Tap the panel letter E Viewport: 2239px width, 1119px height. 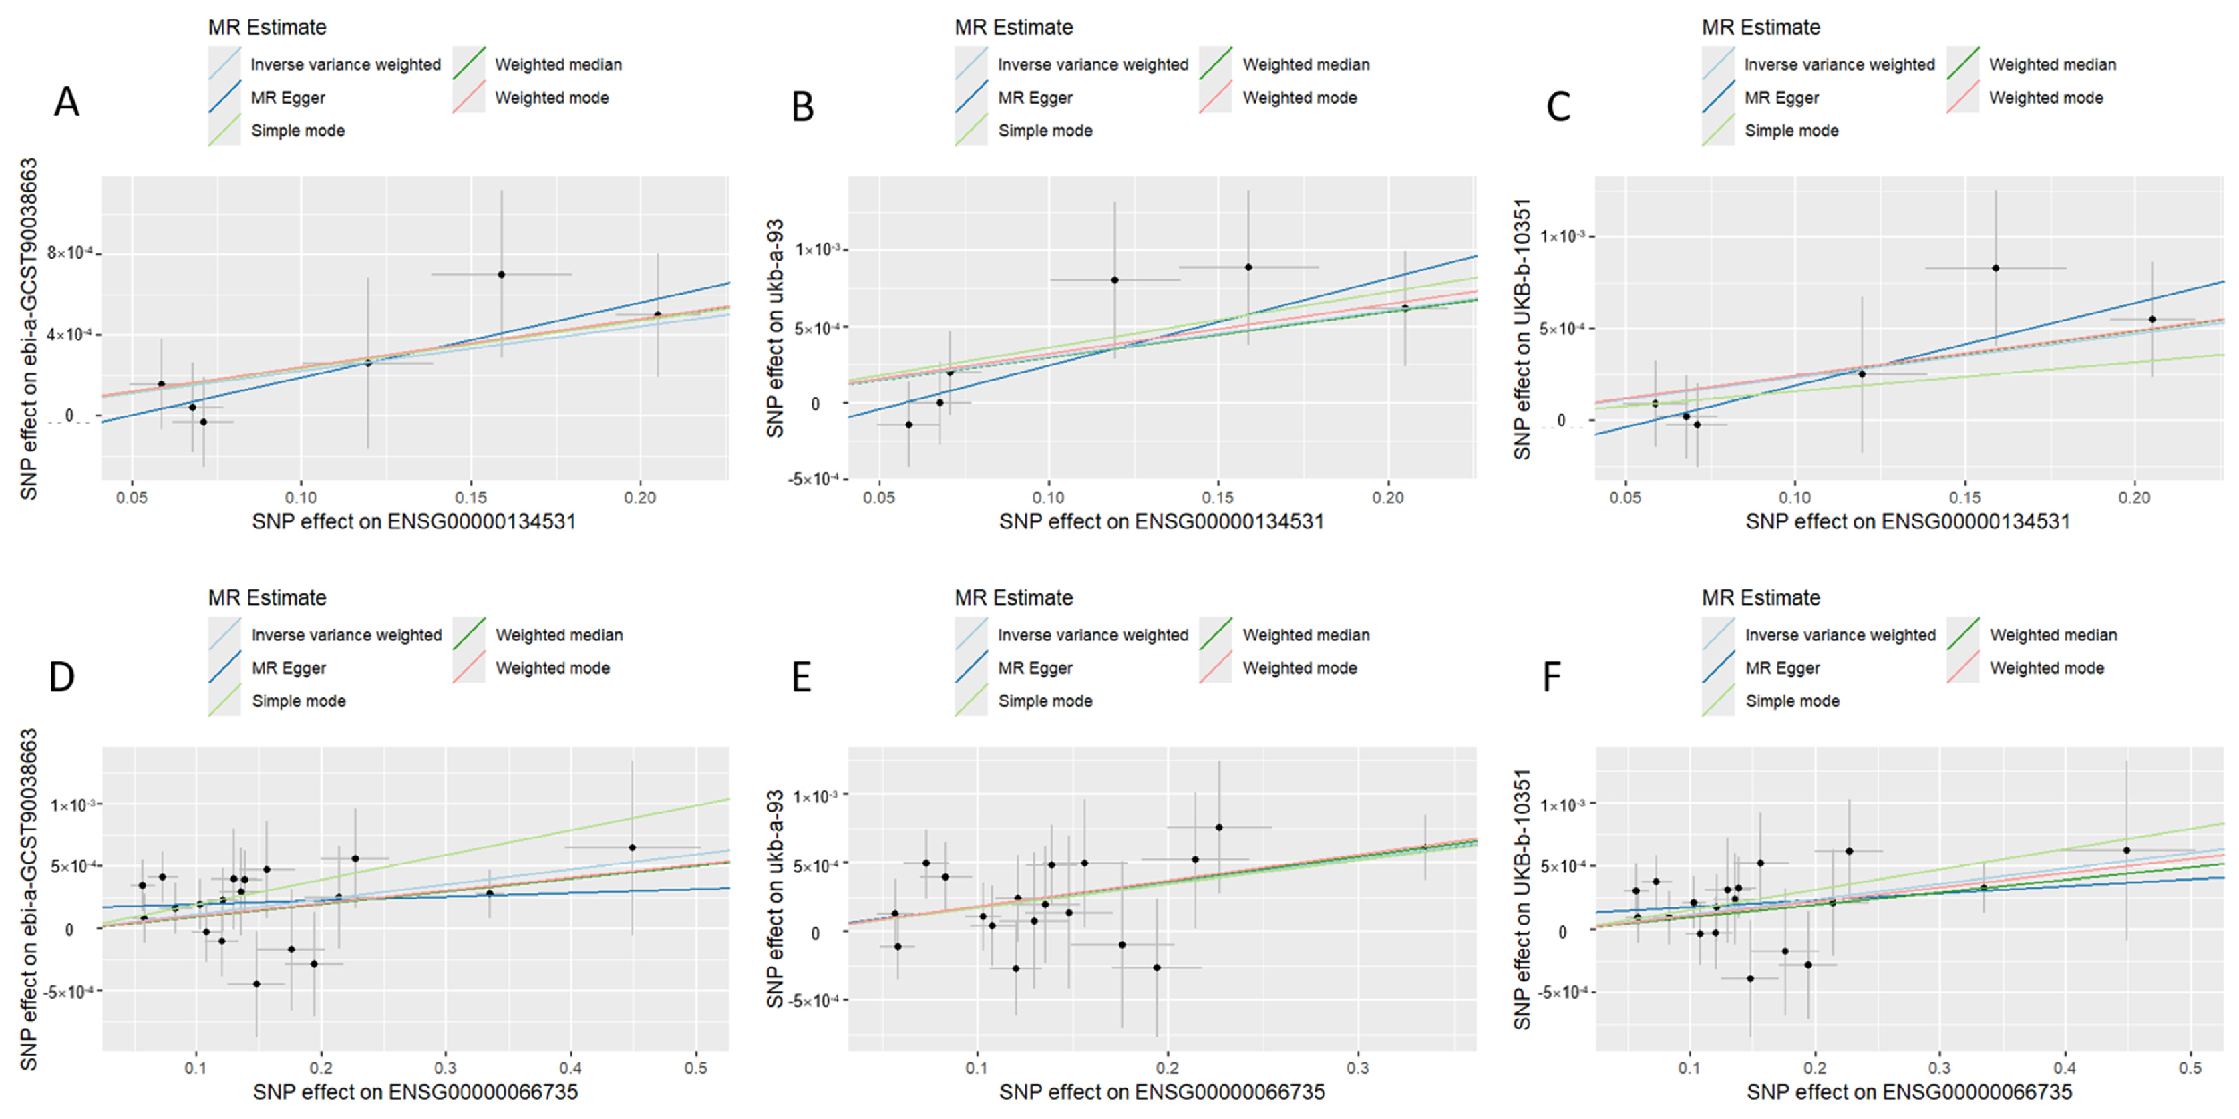tap(802, 677)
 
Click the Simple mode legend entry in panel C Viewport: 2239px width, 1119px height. tap(1791, 130)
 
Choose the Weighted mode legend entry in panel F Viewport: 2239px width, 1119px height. tap(2047, 668)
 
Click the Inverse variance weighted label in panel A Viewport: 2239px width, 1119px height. tap(346, 64)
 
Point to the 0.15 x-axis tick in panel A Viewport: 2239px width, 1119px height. tap(471, 497)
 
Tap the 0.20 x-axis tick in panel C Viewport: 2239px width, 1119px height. tap(2134, 497)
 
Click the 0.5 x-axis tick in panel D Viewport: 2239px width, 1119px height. tap(695, 1068)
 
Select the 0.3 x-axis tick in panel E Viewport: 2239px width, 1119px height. tap(1358, 1068)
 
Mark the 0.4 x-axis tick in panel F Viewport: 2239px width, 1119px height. tap(2064, 1068)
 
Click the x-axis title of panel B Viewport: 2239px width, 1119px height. tap(1161, 522)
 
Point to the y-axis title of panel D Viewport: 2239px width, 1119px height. tap(29, 899)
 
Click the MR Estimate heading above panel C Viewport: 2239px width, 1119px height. tap(1761, 27)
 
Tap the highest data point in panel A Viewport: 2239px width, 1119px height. tap(502, 274)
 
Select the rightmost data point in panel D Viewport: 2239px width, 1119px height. tap(632, 848)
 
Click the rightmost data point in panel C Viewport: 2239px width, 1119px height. tap(2152, 319)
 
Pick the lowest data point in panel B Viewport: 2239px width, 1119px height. tap(909, 424)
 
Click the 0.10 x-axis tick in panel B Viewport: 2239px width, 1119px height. tap(1048, 497)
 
